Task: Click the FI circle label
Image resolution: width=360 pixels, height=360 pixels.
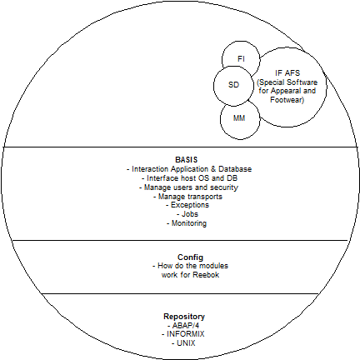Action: tap(241, 59)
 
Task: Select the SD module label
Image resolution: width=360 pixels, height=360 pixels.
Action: tap(233, 85)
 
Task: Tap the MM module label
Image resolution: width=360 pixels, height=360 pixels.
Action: tap(239, 118)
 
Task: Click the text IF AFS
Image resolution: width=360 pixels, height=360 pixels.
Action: tap(287, 73)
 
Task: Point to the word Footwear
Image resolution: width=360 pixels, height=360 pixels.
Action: tap(286, 100)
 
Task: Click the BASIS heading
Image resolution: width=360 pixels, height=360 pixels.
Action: tap(187, 160)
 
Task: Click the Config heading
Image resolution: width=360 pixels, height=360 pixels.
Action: tap(190, 257)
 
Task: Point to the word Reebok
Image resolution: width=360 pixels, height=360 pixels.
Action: tap(206, 275)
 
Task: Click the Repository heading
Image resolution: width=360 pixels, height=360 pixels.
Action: tap(184, 317)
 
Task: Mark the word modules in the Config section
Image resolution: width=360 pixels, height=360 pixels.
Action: tap(214, 266)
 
